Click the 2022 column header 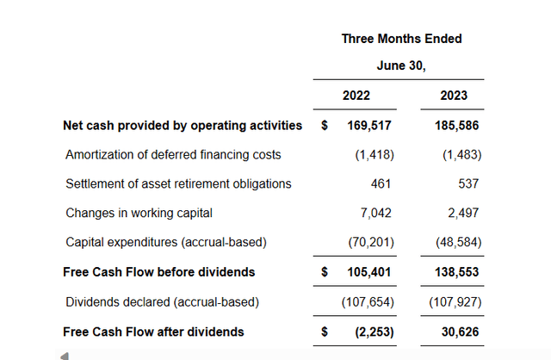click(356, 95)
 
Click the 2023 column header click(454, 95)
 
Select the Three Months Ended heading click(401, 39)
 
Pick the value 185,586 click(456, 126)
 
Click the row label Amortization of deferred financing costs click(173, 155)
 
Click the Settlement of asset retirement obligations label click(178, 184)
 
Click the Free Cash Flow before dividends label click(159, 272)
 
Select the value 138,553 click(456, 272)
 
